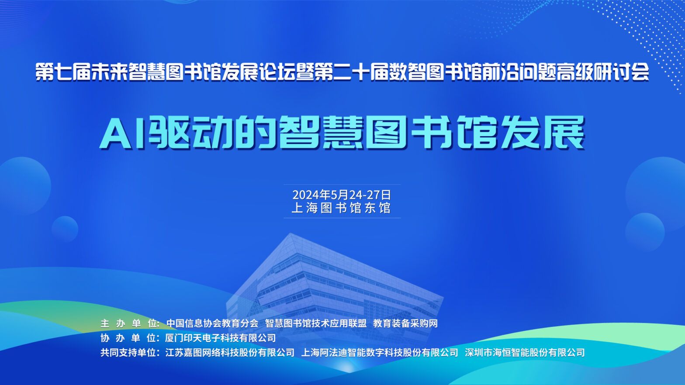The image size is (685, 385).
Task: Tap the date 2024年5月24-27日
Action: click(342, 195)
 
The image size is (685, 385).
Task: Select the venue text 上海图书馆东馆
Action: click(341, 208)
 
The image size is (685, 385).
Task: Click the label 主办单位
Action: click(130, 323)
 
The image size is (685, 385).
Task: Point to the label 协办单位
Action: click(130, 338)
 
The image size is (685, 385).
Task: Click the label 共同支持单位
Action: click(130, 353)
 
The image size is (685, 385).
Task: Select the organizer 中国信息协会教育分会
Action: click(212, 323)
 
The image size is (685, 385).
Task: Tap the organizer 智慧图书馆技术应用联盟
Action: click(315, 323)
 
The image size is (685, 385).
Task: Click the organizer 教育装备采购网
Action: click(405, 323)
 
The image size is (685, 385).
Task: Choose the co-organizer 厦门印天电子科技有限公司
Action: click(221, 338)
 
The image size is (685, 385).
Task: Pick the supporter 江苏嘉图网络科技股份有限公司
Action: click(230, 353)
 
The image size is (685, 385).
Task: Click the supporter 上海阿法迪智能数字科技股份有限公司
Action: click(380, 353)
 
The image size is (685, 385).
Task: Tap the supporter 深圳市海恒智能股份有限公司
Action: click(525, 353)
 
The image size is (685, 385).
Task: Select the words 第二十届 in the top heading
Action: click(351, 72)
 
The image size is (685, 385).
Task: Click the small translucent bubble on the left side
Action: click(65, 229)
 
